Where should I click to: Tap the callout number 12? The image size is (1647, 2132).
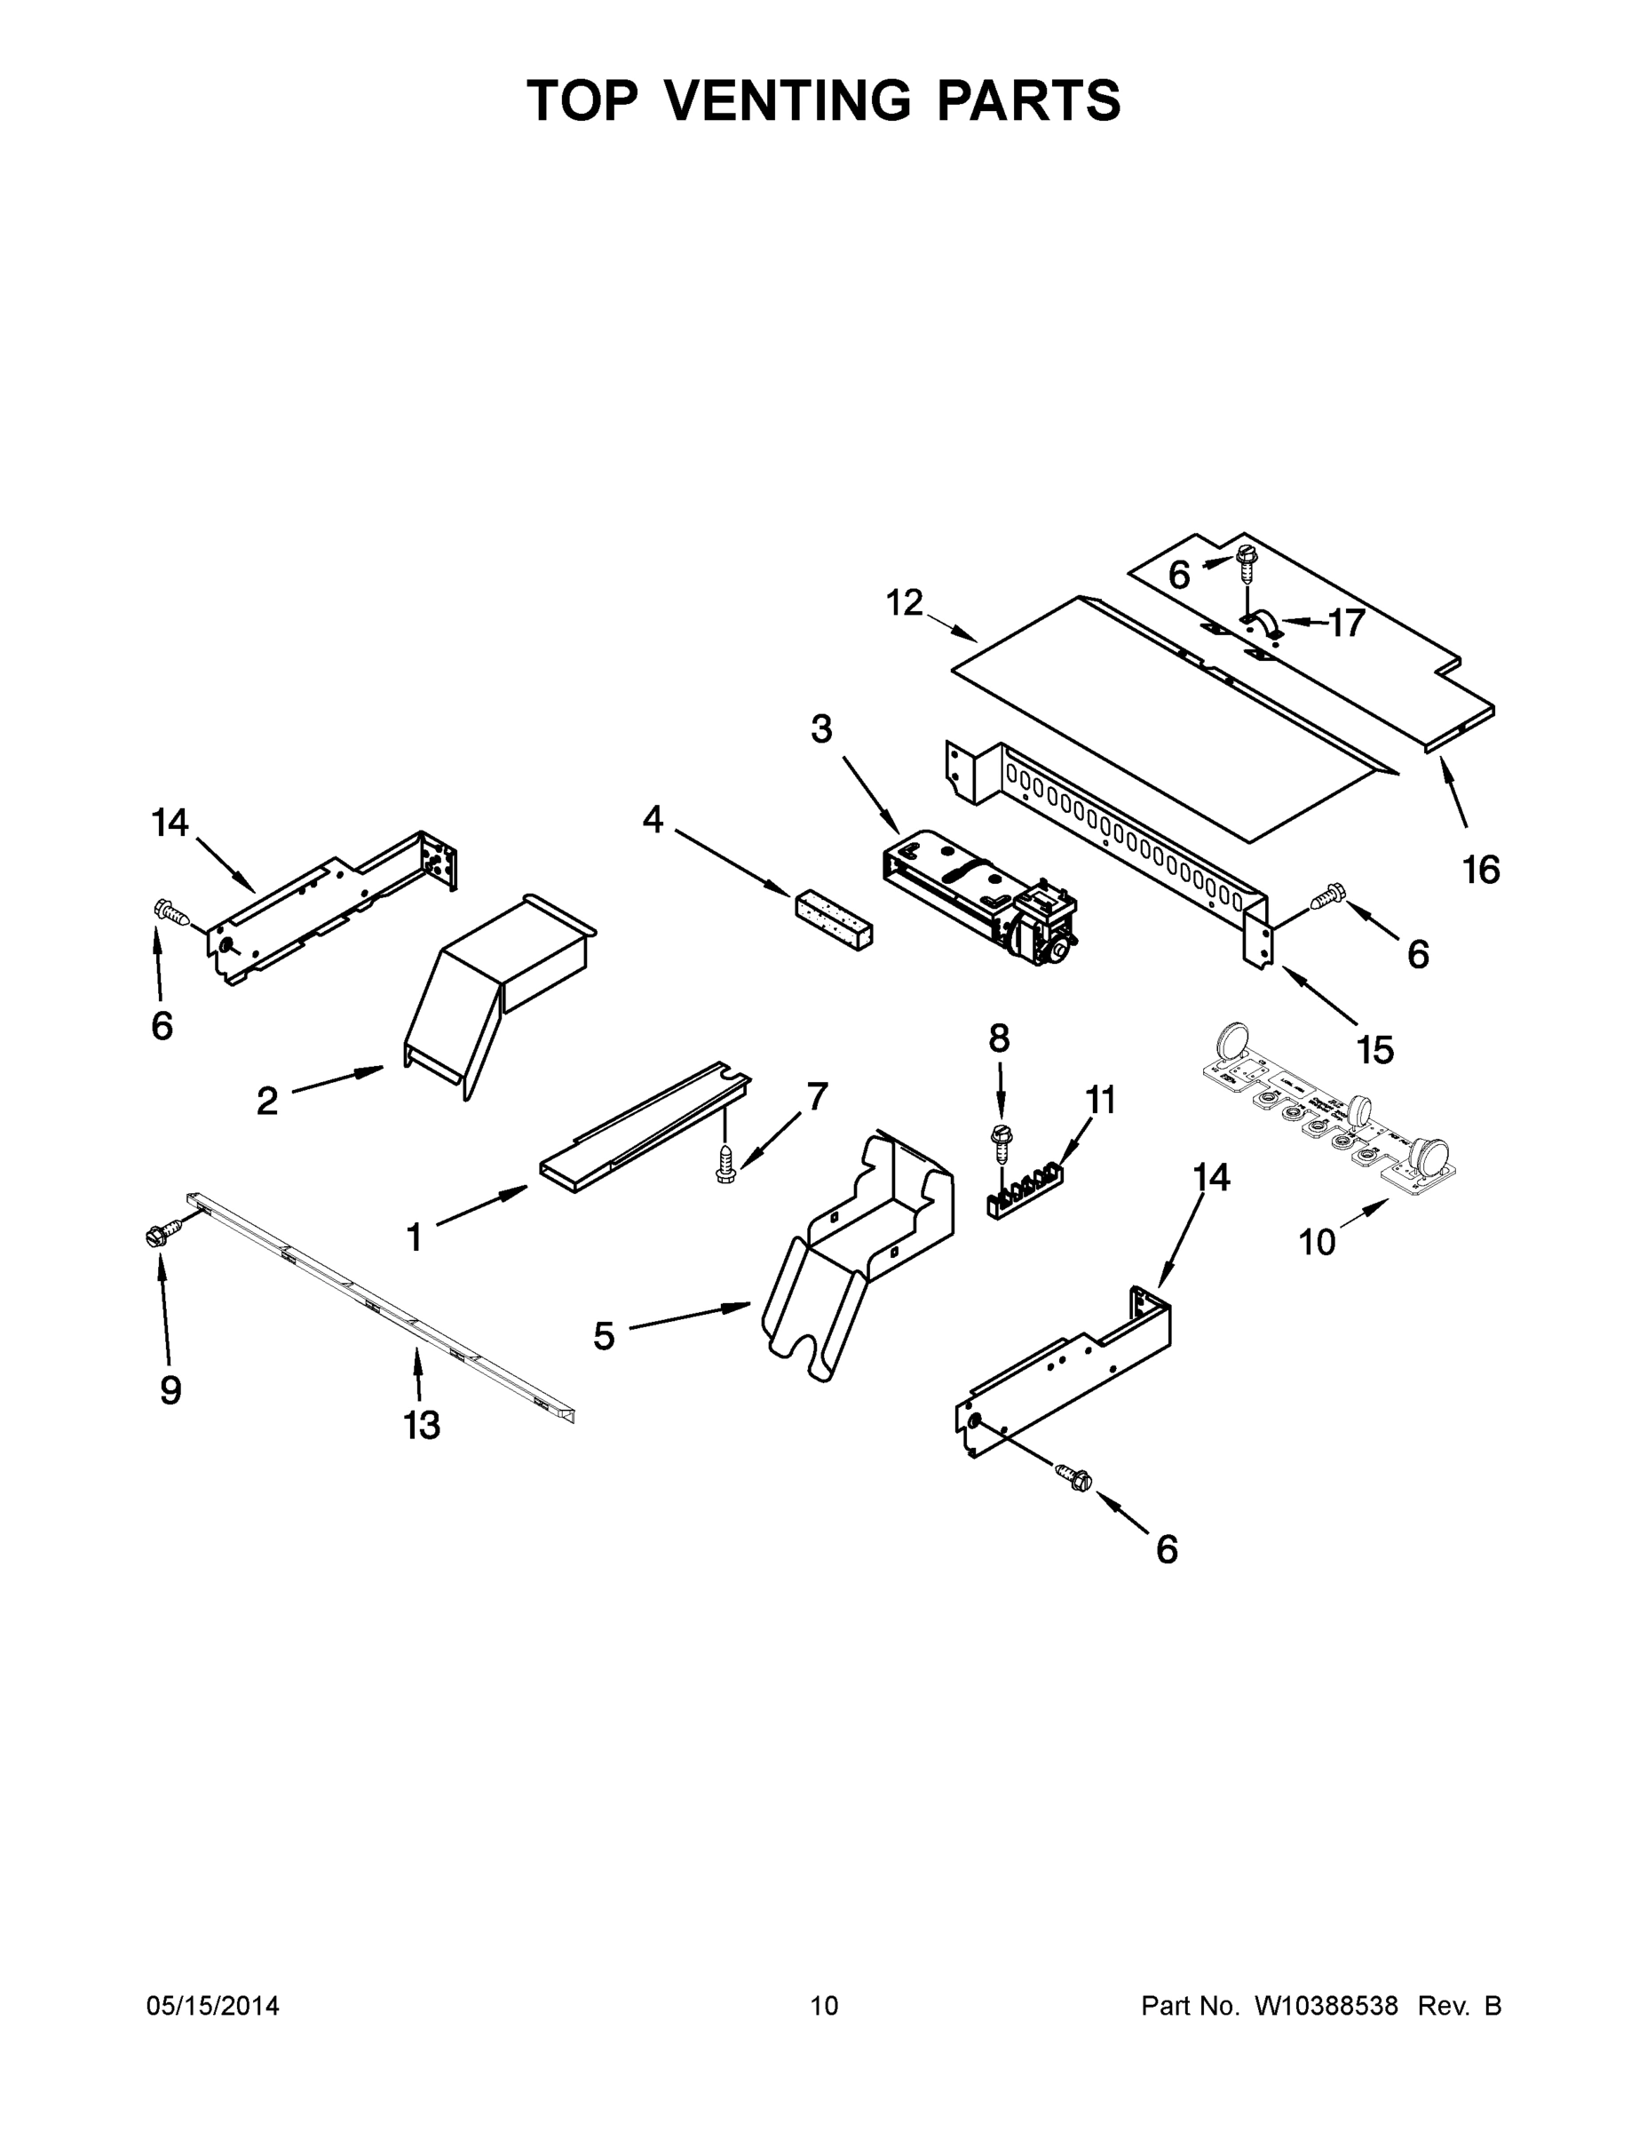905,603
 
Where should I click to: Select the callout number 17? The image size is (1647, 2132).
1347,623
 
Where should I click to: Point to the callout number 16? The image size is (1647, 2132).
1480,869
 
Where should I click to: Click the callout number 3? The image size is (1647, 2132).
821,728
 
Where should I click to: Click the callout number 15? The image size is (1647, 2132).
1374,1049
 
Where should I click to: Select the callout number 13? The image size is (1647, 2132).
423,1425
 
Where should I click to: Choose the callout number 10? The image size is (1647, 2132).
1318,1242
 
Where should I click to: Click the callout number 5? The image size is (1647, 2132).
604,1335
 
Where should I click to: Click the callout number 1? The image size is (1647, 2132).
415,1237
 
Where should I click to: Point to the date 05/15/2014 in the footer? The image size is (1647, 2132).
213,2006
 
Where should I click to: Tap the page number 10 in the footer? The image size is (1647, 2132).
825,2006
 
